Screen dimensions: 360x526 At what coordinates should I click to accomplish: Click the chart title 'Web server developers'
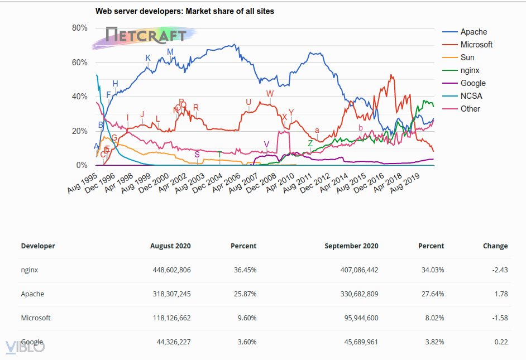185,11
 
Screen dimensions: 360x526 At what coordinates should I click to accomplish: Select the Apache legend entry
474,32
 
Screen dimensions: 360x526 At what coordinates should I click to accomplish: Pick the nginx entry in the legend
470,70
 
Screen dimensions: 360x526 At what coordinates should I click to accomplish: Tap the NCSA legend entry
471,96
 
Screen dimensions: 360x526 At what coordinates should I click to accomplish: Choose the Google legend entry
473,83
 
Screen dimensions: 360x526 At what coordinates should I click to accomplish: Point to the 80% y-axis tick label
80,28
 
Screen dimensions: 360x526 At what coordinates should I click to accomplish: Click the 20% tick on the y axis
80,131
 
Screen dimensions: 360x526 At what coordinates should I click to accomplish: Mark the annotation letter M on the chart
170,52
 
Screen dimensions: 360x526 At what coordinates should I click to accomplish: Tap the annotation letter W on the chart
270,94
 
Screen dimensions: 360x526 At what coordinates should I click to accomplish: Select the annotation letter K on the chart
148,58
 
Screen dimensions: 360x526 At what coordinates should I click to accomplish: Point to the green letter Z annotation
310,143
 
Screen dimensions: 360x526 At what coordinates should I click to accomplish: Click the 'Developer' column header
38,246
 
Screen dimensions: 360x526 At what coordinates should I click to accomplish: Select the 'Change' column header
495,246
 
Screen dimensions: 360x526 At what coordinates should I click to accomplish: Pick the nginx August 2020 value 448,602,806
171,270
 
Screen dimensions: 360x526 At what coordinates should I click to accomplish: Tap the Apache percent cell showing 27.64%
433,294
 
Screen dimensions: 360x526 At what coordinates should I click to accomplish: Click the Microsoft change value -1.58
499,318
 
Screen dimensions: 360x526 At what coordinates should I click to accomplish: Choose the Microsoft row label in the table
36,318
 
